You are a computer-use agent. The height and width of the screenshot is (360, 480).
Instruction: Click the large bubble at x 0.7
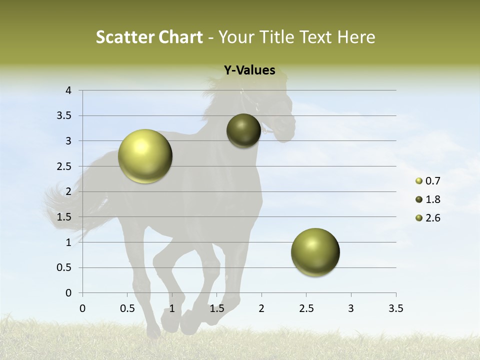pyautogui.click(x=145, y=156)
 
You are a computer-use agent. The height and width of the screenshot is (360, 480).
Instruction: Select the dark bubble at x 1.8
pyautogui.click(x=243, y=130)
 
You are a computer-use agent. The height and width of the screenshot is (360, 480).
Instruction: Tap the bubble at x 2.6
pyautogui.click(x=315, y=252)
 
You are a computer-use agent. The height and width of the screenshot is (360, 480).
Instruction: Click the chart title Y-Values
pyautogui.click(x=249, y=70)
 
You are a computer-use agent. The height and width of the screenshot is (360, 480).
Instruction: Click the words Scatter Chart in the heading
pyautogui.click(x=149, y=37)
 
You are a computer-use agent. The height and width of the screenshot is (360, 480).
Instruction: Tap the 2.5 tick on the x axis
pyautogui.click(x=306, y=308)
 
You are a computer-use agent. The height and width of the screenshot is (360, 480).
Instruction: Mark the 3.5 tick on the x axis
pyautogui.click(x=395, y=308)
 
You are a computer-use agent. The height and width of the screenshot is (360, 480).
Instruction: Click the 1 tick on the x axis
pyautogui.click(x=172, y=308)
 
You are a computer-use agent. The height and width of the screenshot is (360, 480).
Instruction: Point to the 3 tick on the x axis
pyautogui.click(x=351, y=308)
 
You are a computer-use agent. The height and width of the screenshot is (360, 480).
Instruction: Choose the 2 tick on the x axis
pyautogui.click(x=261, y=308)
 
